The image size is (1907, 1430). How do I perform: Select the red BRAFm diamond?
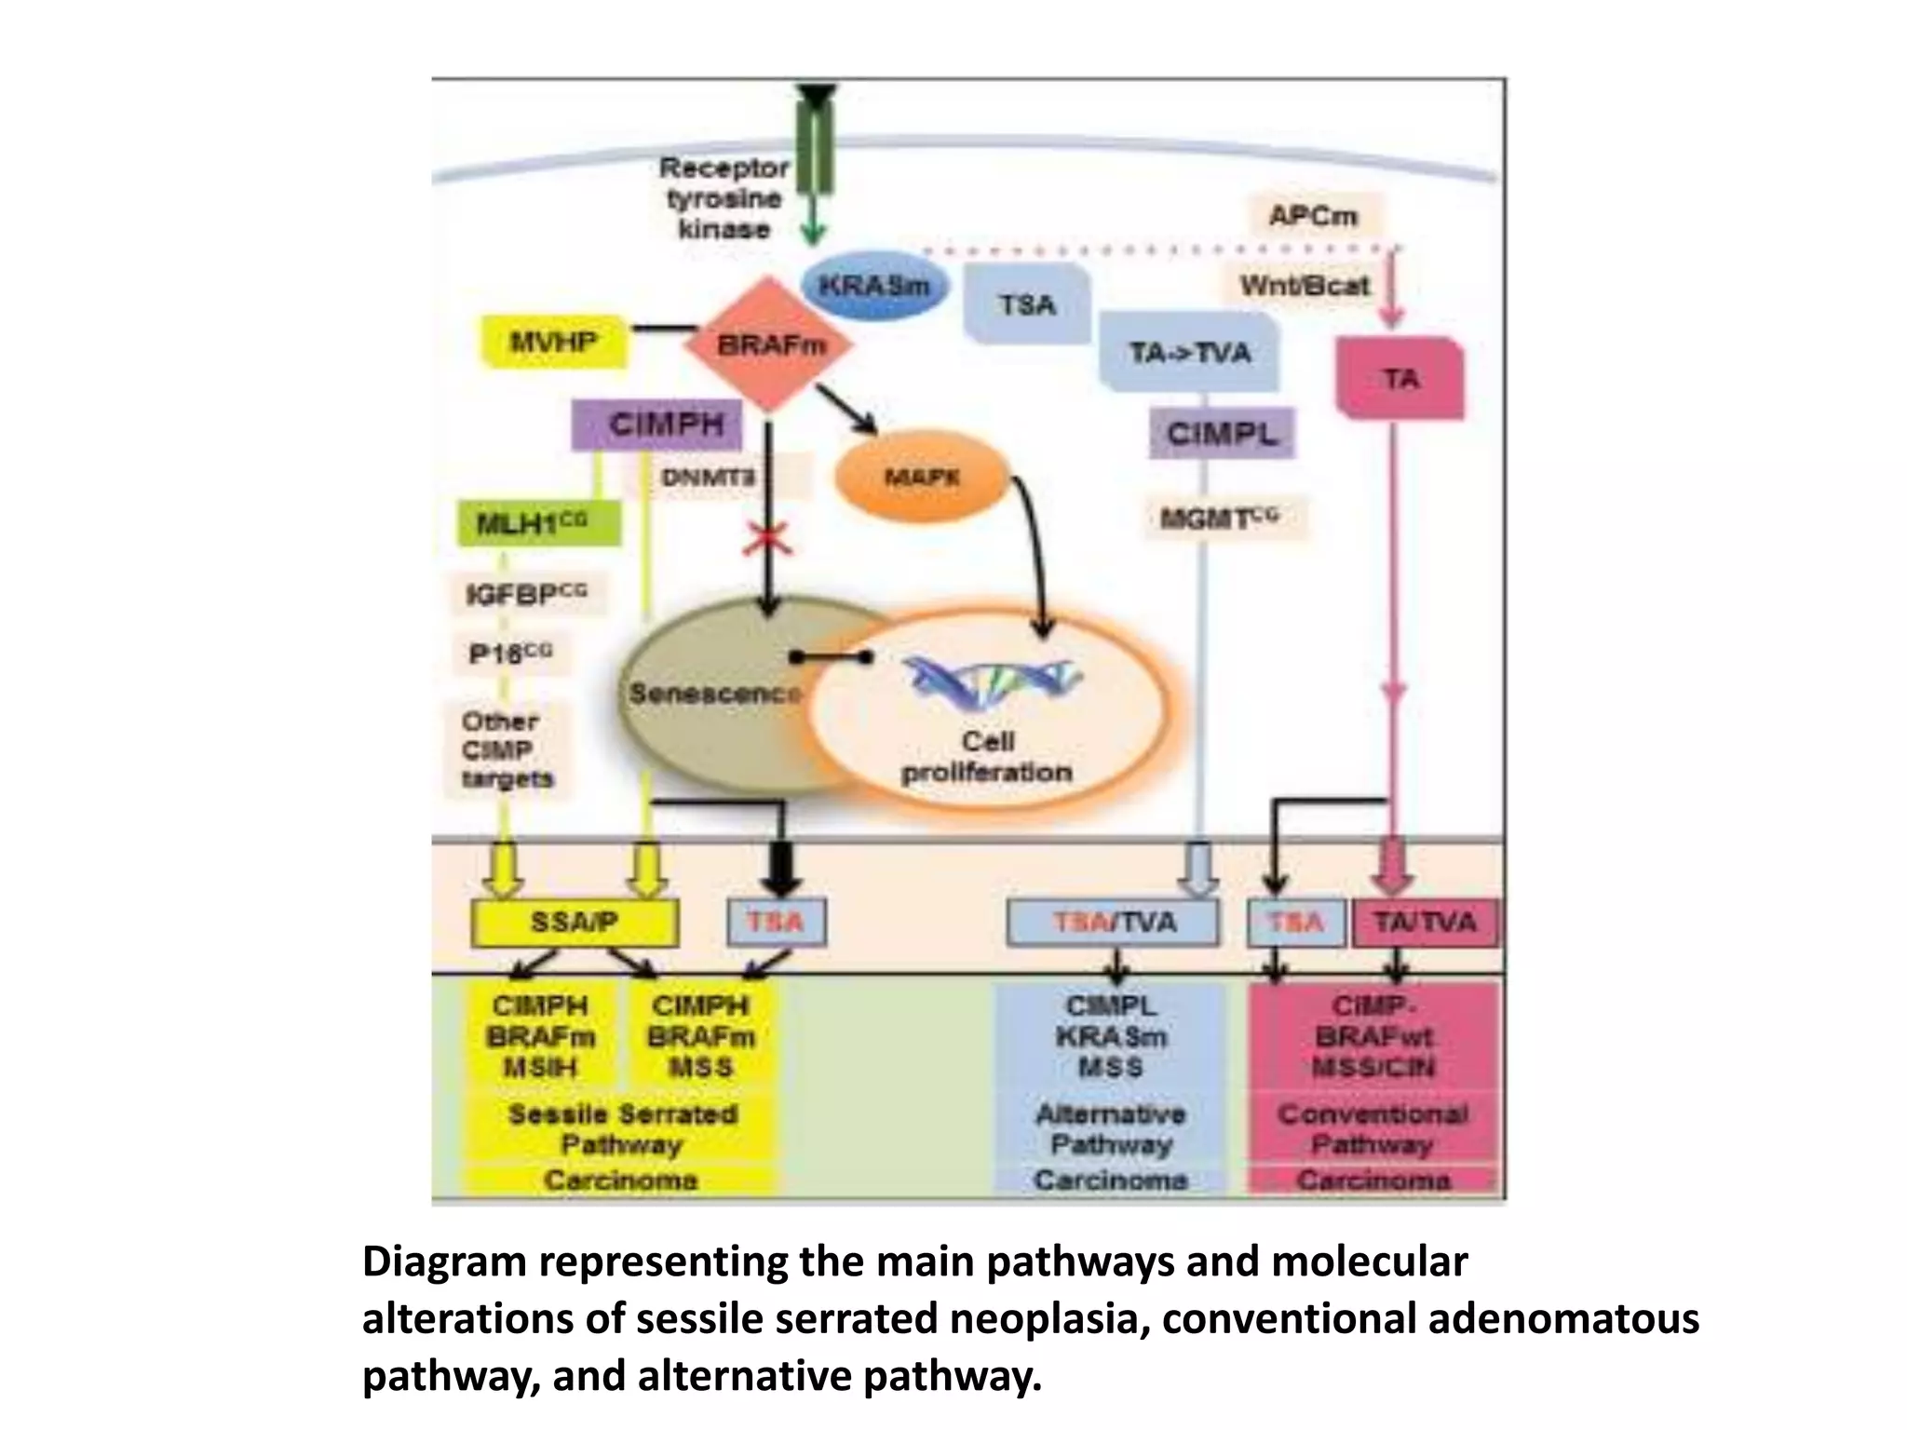tap(769, 345)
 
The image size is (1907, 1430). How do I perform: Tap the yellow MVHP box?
tap(553, 342)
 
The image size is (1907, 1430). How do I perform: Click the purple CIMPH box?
tap(657, 425)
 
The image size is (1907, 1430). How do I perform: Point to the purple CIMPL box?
tap(1221, 434)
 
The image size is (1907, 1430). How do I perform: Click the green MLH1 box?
tap(538, 523)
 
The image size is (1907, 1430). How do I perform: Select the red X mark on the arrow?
tap(768, 538)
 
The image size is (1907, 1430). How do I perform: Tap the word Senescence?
tap(714, 694)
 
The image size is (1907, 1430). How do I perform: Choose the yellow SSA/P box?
tap(575, 923)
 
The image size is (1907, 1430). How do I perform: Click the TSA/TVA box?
tap(1114, 923)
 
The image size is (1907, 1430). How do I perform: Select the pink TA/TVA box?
tap(1425, 923)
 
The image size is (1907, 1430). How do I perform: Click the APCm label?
tap(1313, 216)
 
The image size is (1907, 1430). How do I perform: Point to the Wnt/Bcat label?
tap(1304, 285)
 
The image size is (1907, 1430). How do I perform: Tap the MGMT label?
tap(1220, 519)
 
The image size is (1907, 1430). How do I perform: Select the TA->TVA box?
tap(1189, 353)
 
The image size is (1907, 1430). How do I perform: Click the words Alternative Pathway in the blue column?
tap(1110, 1129)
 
